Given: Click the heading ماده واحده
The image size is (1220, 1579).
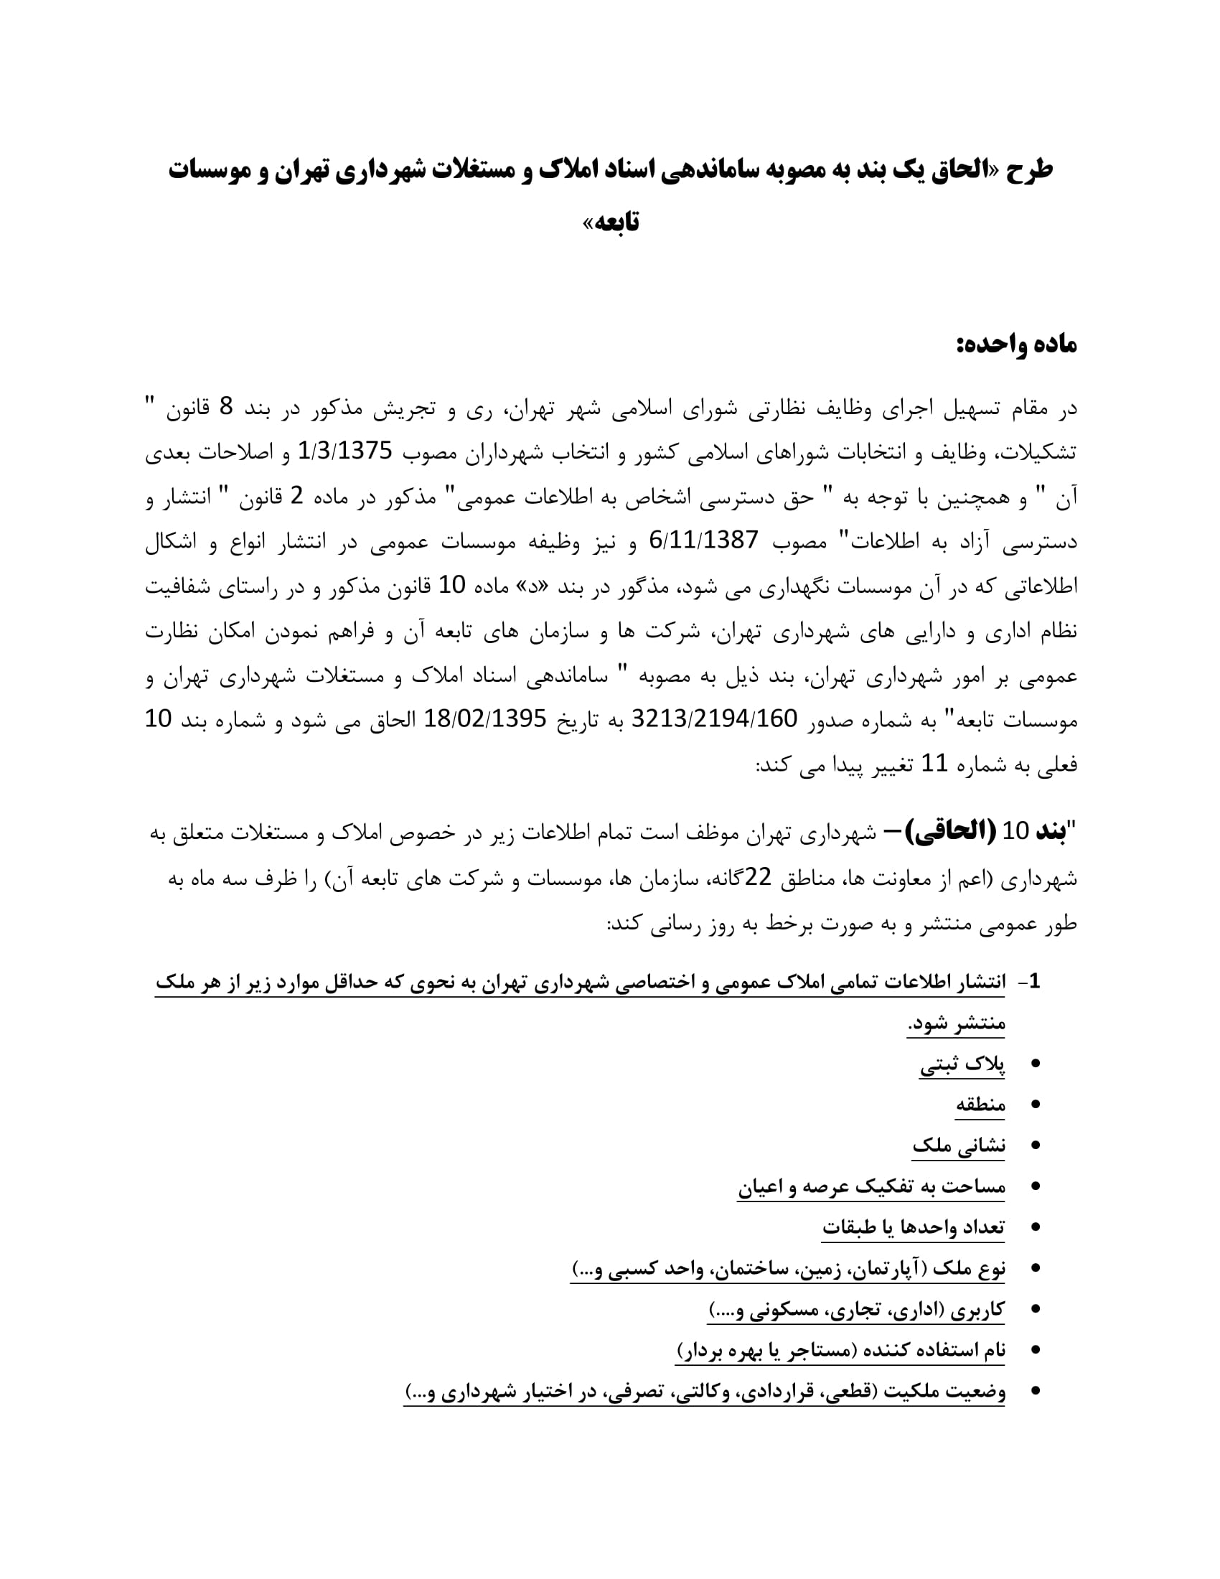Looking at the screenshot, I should tap(1016, 345).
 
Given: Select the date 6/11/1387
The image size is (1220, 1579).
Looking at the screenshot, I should tap(705, 540).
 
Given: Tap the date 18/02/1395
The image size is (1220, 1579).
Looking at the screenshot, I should tap(484, 718).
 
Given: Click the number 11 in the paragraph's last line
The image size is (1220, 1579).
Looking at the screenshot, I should tap(932, 764).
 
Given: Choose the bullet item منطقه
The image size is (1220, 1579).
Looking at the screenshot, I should tap(980, 1105).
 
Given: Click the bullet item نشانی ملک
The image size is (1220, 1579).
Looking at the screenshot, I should tap(958, 1146).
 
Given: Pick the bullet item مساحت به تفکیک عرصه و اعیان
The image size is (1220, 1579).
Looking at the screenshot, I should tap(871, 1187).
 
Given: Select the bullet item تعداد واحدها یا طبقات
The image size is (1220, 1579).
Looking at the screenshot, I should tap(913, 1227).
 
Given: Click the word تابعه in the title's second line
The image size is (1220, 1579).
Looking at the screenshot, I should tap(616, 222).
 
